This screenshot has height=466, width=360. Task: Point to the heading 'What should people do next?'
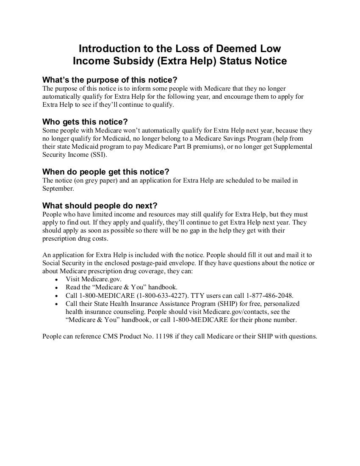(100, 206)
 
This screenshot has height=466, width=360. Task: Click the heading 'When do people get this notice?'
(106, 172)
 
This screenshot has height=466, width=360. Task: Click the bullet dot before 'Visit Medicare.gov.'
(56, 280)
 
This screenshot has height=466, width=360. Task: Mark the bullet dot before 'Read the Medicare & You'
(56, 288)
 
